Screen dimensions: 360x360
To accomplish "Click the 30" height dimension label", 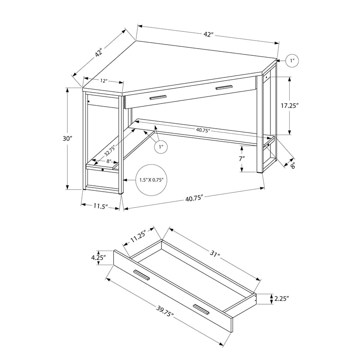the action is tap(67, 139).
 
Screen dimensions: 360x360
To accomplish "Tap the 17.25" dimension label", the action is tap(290, 105).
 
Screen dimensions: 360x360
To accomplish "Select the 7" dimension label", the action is tap(242, 158).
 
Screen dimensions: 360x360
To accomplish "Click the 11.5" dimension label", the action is tap(100, 206).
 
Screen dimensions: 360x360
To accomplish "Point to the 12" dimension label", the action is tap(104, 81).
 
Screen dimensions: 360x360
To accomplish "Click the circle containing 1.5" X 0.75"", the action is tap(151, 180).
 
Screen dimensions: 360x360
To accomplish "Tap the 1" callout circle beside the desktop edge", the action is tap(292, 61).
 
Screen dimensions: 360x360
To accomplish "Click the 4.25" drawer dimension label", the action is tap(99, 257).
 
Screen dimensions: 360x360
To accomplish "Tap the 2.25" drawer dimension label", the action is tap(282, 298).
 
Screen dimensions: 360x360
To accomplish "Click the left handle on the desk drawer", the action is tap(158, 97).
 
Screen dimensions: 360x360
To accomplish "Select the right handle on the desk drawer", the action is tap(224, 88).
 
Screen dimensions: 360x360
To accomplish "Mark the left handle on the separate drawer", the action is tap(141, 275).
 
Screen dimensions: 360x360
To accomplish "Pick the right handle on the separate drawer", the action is tap(201, 310).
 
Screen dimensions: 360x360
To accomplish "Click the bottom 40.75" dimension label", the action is tap(194, 198).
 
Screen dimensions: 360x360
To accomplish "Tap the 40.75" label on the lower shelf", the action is tap(203, 130).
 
